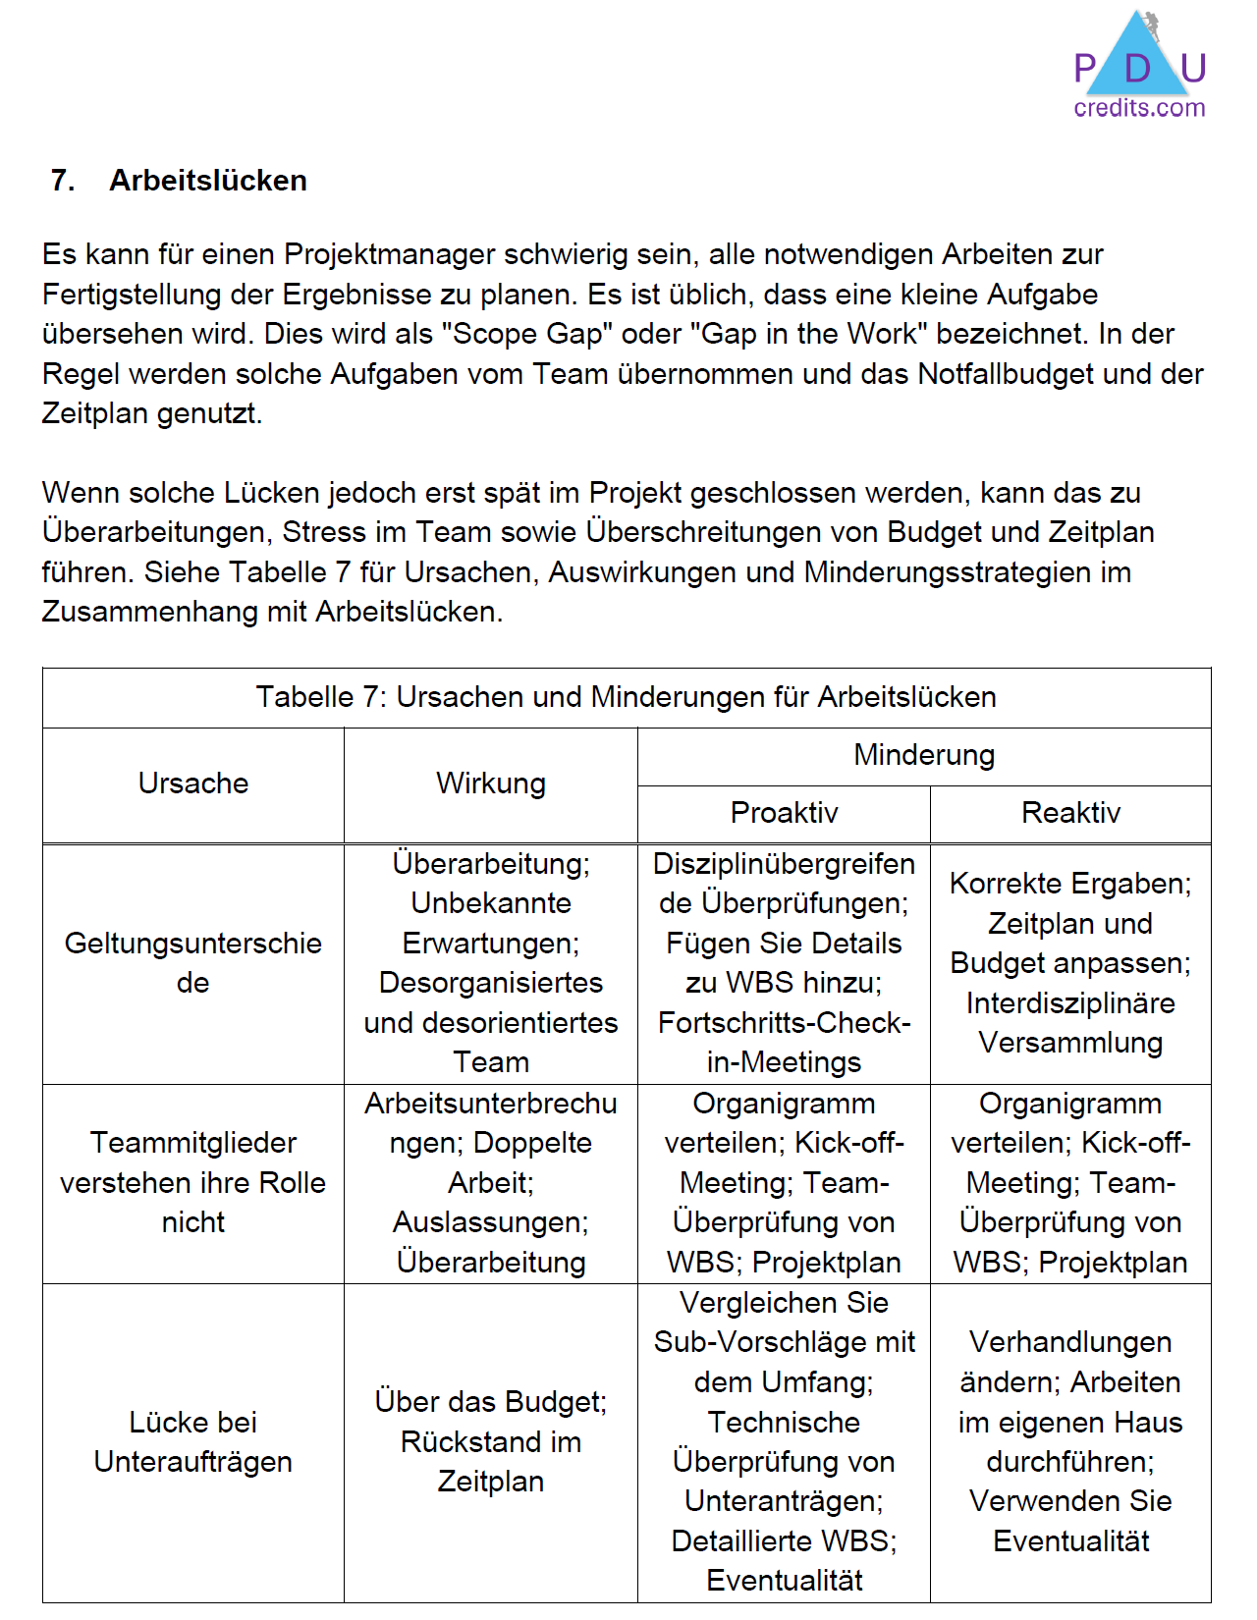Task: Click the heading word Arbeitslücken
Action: pos(208,181)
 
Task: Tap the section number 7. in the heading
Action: pos(63,181)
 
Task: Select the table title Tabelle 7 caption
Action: pos(627,697)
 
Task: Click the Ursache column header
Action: pos(193,783)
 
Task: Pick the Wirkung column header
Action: pos(491,783)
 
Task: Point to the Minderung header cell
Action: pos(924,755)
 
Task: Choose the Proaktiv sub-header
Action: pos(784,813)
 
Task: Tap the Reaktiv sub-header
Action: pos(1070,813)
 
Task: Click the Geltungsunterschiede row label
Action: pos(193,963)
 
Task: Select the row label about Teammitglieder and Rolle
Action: pos(193,1182)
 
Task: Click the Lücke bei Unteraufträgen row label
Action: pos(193,1441)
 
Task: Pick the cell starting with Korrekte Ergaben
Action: pos(1070,963)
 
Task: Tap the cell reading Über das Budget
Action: pos(491,1441)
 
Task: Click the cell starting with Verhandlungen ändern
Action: pos(1070,1441)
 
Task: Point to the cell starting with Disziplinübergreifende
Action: pos(784,963)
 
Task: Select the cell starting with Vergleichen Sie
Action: pos(784,1441)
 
